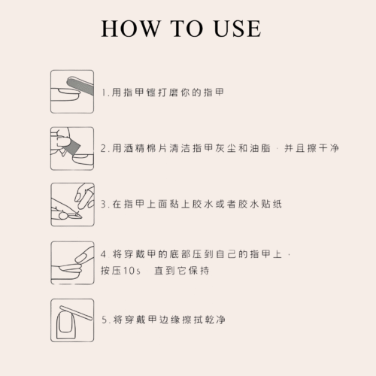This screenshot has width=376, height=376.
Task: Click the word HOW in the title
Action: pyautogui.click(x=131, y=29)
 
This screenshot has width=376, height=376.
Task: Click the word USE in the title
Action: pyautogui.click(x=238, y=29)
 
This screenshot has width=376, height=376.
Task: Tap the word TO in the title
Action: pyautogui.click(x=186, y=29)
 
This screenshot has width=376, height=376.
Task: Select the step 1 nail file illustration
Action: pyautogui.click(x=72, y=92)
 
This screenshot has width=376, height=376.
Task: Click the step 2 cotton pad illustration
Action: pyautogui.click(x=72, y=149)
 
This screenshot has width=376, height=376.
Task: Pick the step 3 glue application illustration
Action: pyautogui.click(x=72, y=205)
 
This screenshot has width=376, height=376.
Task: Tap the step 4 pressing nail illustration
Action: pyautogui.click(x=72, y=263)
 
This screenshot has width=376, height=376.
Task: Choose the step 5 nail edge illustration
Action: pyautogui.click(x=72, y=320)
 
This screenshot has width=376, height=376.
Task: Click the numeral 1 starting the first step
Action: pyautogui.click(x=104, y=92)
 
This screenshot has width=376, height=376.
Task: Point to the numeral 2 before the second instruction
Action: pyautogui.click(x=103, y=148)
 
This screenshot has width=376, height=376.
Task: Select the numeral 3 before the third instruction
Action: pyautogui.click(x=104, y=205)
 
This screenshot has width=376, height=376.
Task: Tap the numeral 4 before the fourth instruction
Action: pyautogui.click(x=104, y=254)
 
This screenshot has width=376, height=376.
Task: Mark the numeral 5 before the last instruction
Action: pyautogui.click(x=105, y=320)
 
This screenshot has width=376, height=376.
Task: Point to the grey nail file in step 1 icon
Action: pyautogui.click(x=80, y=86)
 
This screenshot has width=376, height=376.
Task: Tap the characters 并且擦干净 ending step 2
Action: pyautogui.click(x=311, y=148)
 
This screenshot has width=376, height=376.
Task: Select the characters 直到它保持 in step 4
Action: pyautogui.click(x=182, y=271)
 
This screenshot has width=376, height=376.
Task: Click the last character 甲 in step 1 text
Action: pyautogui.click(x=220, y=92)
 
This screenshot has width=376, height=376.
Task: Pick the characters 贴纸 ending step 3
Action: pyautogui.click(x=271, y=204)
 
